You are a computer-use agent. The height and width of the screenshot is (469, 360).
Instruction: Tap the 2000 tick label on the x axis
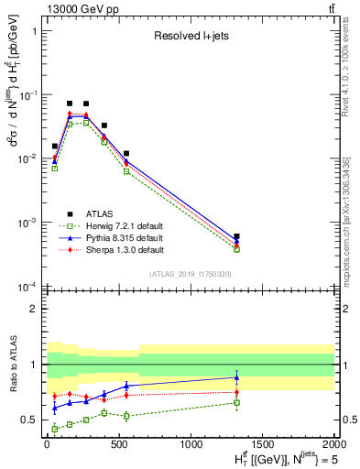click(334, 445)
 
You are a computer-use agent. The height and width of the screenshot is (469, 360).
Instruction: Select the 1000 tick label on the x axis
click(191, 445)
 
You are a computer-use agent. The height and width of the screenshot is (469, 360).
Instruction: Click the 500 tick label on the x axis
click(118, 445)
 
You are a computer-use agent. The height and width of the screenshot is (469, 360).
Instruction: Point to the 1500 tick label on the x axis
click(262, 445)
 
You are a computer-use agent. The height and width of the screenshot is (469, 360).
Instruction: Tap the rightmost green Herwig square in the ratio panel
click(236, 403)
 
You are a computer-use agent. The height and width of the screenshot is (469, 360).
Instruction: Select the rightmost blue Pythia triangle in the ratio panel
click(236, 376)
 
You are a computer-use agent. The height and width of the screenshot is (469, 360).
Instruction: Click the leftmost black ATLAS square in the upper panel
click(55, 146)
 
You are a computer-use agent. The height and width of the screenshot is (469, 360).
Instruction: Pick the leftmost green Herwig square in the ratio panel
click(55, 429)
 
